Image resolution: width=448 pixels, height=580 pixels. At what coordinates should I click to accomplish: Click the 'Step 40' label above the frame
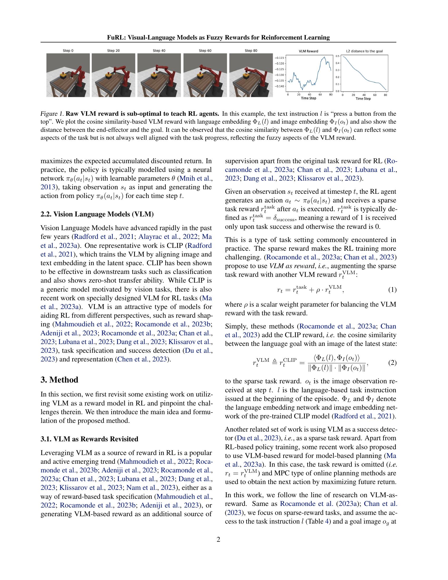pos(159,50)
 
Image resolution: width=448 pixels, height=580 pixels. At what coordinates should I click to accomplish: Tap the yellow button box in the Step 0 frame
pos(63,75)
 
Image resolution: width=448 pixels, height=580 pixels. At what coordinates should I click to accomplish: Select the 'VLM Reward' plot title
pos(308,51)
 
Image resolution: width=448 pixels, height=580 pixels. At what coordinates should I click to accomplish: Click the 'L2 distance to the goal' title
pos(364,51)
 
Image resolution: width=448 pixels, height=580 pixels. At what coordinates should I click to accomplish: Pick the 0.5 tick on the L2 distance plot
pos(337,56)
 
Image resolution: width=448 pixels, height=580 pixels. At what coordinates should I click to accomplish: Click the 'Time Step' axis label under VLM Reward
pos(308,98)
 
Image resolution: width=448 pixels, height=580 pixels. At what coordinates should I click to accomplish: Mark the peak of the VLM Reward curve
pos(324,57)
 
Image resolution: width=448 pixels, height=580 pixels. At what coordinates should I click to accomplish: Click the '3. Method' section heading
pos(59,380)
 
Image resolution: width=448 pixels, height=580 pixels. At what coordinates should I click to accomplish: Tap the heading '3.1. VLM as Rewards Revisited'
pos(89,439)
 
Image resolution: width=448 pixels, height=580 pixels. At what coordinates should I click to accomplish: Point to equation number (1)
pos(392,290)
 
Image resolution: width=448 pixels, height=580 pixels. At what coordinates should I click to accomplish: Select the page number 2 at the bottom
pos(218,540)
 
